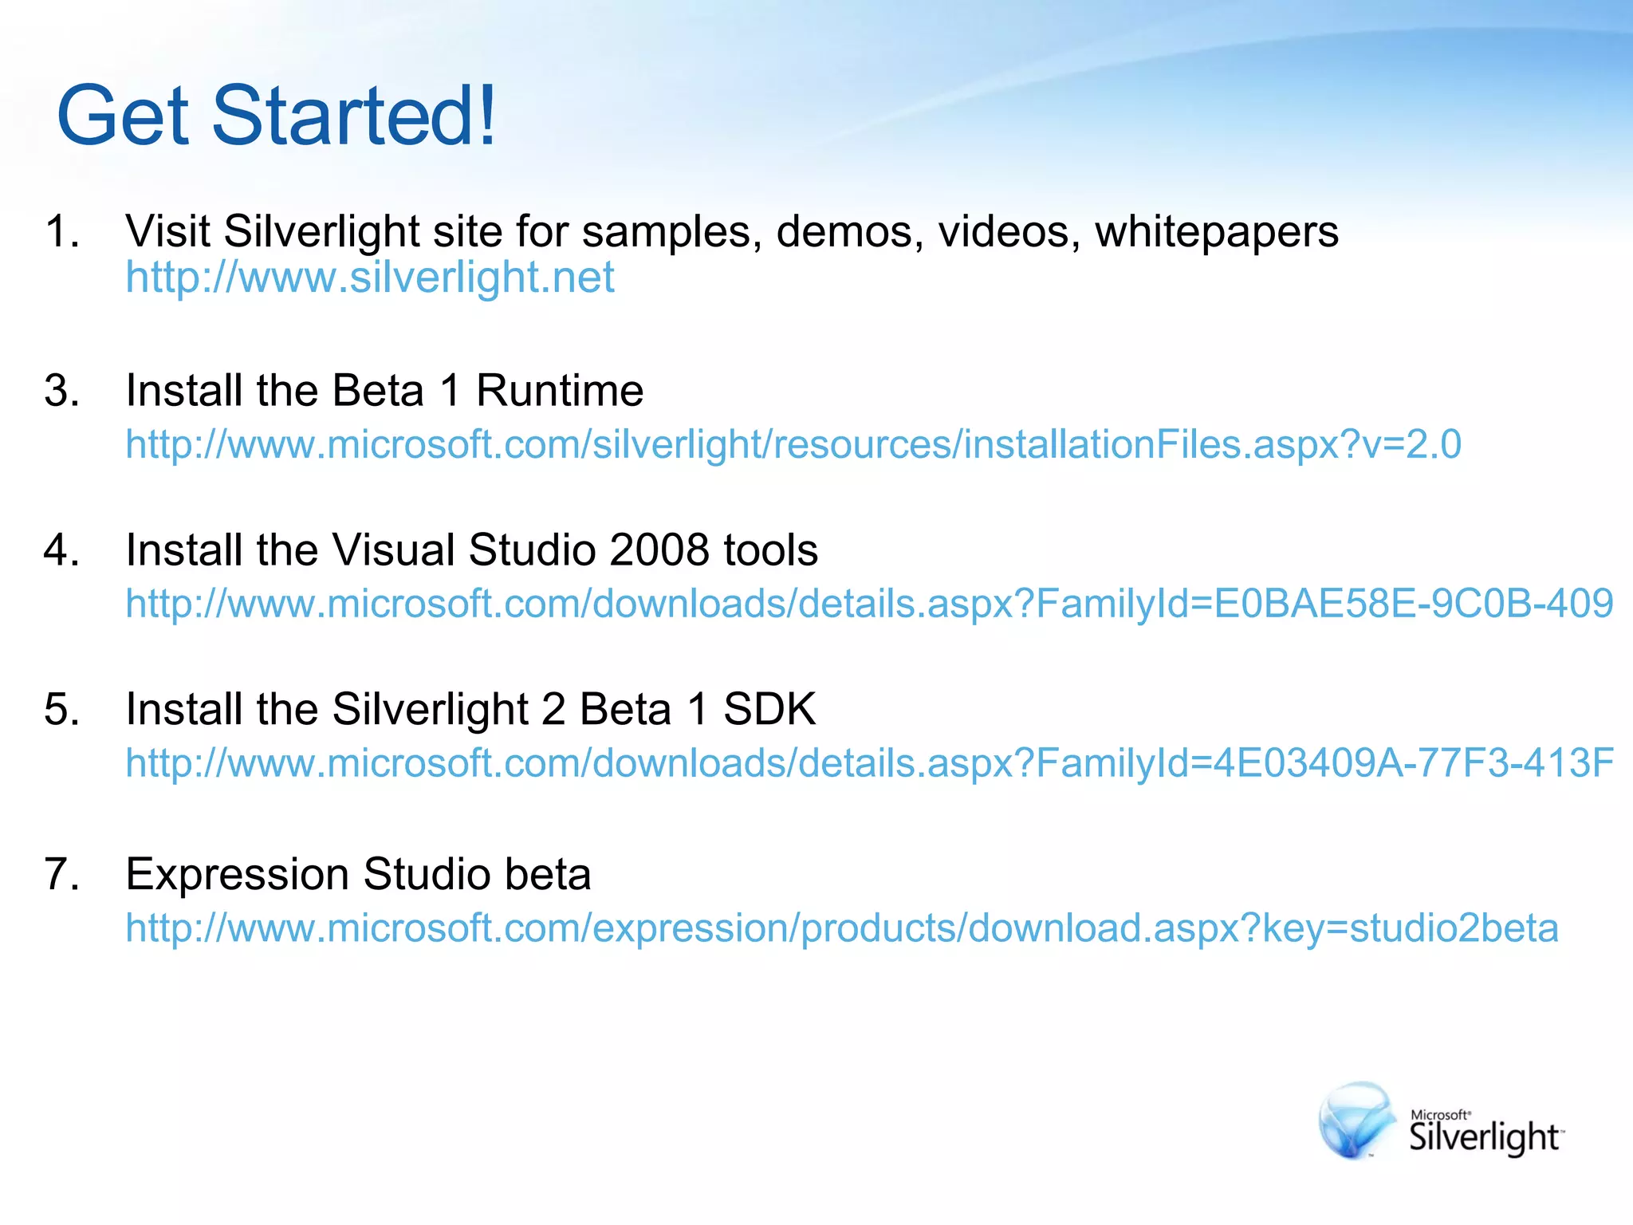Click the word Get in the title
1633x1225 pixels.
click(124, 116)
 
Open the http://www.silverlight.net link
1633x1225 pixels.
click(370, 278)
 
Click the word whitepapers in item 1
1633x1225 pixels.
click(1217, 233)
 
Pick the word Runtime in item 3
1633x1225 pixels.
click(560, 391)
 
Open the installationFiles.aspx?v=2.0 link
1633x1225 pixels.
click(793, 444)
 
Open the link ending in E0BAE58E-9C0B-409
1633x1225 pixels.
click(869, 604)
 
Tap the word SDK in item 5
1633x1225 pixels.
click(769, 709)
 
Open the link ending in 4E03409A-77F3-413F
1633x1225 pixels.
click(869, 763)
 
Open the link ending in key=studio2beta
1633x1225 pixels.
click(842, 928)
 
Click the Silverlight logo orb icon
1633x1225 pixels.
click(1356, 1120)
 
